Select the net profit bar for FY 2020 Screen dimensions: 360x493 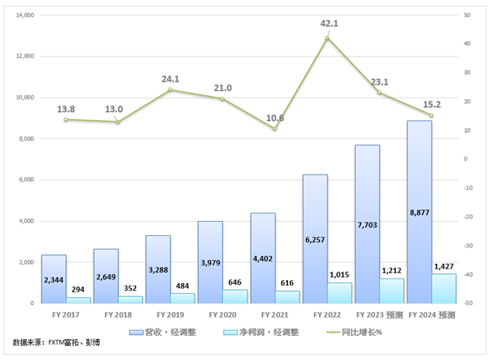235,296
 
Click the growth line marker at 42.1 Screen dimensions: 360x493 328,38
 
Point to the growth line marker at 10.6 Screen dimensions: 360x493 275,128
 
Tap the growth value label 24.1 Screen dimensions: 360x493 170,78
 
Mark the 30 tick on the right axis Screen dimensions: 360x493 466,72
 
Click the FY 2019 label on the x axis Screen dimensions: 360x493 170,316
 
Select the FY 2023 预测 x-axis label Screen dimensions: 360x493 380,316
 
